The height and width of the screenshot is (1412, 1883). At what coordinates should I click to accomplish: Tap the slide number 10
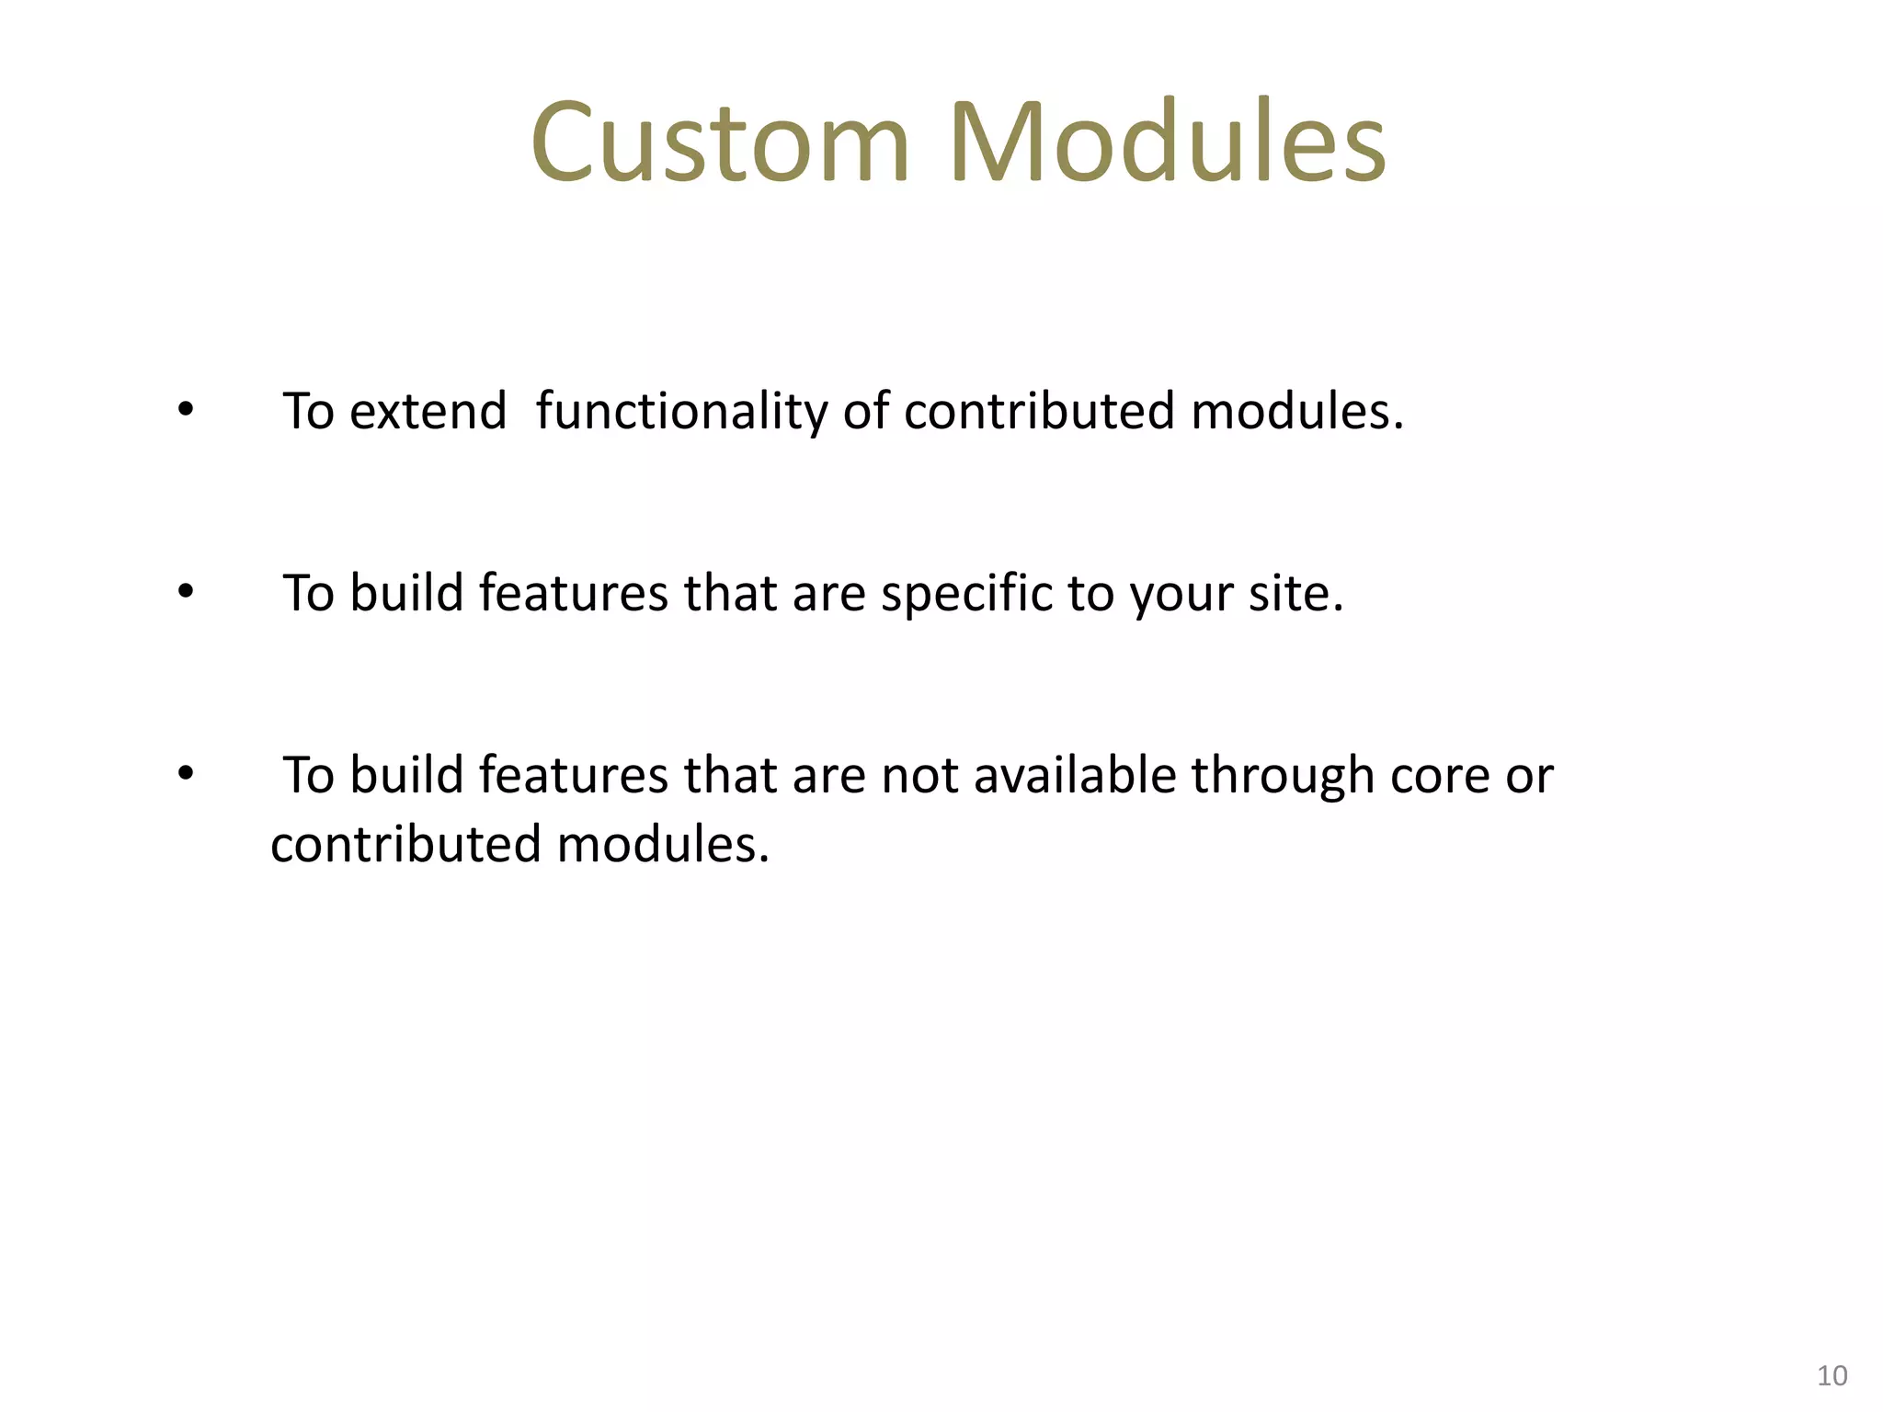(1832, 1375)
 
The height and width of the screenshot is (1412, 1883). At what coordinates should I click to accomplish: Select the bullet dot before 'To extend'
(186, 410)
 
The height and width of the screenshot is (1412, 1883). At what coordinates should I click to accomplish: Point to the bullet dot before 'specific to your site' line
(186, 592)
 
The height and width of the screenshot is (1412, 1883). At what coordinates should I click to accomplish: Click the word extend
(428, 410)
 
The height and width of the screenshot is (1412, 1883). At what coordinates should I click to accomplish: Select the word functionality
(681, 412)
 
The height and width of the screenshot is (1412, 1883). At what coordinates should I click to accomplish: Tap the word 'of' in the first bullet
(866, 410)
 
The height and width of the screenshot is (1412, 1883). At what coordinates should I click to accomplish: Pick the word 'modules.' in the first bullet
(1297, 410)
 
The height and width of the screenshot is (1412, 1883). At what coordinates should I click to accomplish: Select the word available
(1075, 774)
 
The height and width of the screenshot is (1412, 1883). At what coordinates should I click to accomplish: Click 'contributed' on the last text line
(405, 844)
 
